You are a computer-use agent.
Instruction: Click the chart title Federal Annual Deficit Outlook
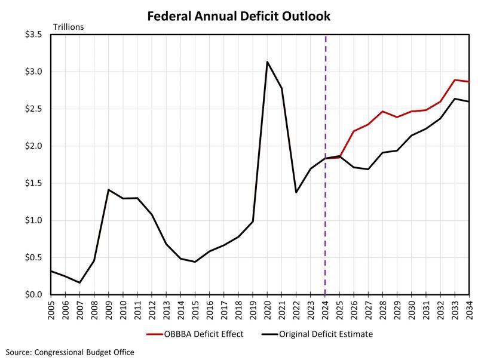(x=239, y=16)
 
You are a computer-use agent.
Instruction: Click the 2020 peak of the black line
(x=267, y=61)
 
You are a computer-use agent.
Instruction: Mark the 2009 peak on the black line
(x=108, y=190)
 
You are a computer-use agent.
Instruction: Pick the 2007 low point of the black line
(x=79, y=282)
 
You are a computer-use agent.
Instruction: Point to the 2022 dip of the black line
(x=296, y=192)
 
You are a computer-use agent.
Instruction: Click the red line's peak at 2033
(x=455, y=79)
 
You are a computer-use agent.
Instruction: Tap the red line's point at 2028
(x=382, y=111)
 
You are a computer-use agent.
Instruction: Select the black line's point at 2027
(x=368, y=169)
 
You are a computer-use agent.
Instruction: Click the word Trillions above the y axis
(x=69, y=26)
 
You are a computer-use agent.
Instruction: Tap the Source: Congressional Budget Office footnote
(x=71, y=352)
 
